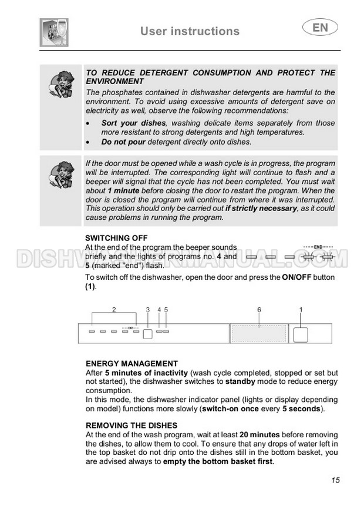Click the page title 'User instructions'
coord(190,31)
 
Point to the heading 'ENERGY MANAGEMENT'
coord(132,364)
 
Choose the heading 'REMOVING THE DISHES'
coord(132,425)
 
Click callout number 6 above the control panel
coord(259,309)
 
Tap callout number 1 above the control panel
coord(301,309)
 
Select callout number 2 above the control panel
coord(114,309)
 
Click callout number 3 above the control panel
coord(148,309)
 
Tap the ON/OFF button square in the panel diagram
coord(301,334)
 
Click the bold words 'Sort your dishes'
coord(134,123)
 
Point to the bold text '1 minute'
coord(124,192)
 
